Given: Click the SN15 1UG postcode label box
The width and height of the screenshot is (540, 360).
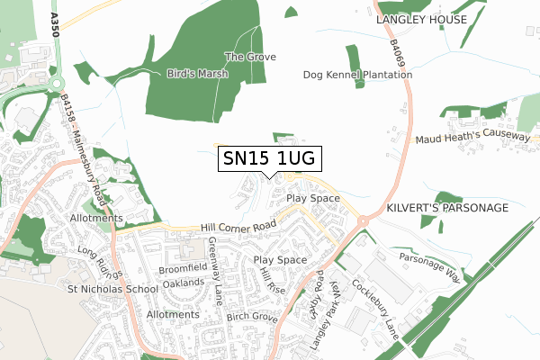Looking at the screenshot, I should [267, 159].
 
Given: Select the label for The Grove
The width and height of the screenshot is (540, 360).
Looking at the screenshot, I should [250, 57].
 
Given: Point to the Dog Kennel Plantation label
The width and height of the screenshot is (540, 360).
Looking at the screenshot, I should [355, 75].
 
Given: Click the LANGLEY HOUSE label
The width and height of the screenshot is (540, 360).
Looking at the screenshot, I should [422, 19].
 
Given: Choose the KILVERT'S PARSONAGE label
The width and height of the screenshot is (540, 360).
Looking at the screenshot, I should [447, 208].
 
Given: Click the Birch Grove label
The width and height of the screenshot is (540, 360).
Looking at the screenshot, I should [251, 317].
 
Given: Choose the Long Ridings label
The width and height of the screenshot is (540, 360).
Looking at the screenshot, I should [98, 260].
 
